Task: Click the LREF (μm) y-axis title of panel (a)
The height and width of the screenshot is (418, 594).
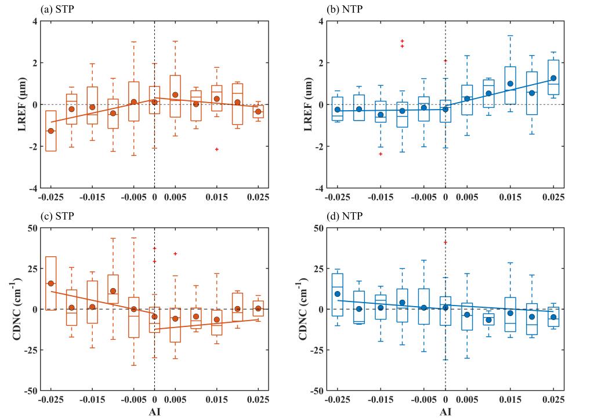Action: (11, 105)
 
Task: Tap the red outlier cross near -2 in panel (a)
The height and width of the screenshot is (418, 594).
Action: (216, 150)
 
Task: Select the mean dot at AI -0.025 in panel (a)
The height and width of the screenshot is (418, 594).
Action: (51, 131)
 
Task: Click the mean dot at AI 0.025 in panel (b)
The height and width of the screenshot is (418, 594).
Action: (553, 78)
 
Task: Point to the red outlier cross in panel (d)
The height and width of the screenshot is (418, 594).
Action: (445, 242)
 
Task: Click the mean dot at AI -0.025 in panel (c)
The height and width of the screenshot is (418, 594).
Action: (51, 283)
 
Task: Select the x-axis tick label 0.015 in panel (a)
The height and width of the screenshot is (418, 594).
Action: (216, 198)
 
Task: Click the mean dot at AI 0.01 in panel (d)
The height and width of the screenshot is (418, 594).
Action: (488, 320)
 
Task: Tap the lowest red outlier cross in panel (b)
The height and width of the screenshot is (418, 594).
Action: (381, 154)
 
